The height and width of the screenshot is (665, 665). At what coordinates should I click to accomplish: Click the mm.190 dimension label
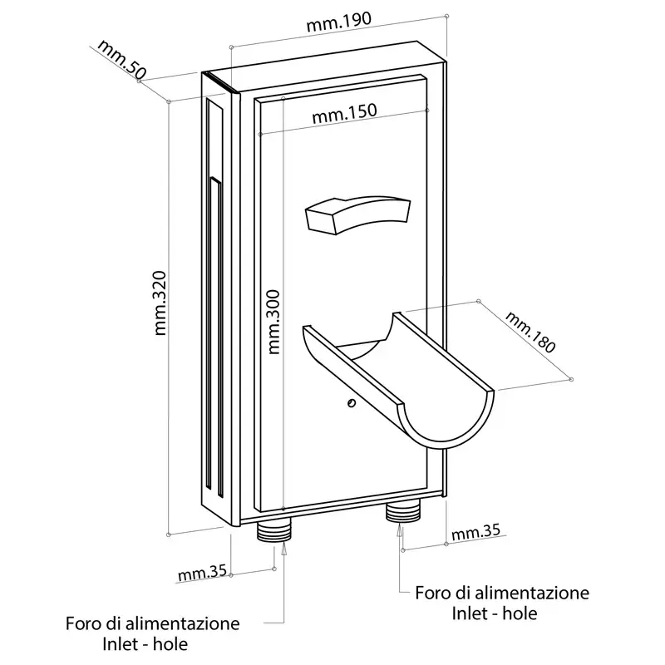339,24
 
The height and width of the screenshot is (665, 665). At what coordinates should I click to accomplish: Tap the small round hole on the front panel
352,404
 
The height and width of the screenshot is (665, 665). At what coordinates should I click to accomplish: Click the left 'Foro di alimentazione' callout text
153,623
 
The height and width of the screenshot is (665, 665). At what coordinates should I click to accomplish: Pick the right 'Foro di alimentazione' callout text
502,594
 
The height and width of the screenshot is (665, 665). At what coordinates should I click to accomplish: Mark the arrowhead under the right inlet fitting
401,526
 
